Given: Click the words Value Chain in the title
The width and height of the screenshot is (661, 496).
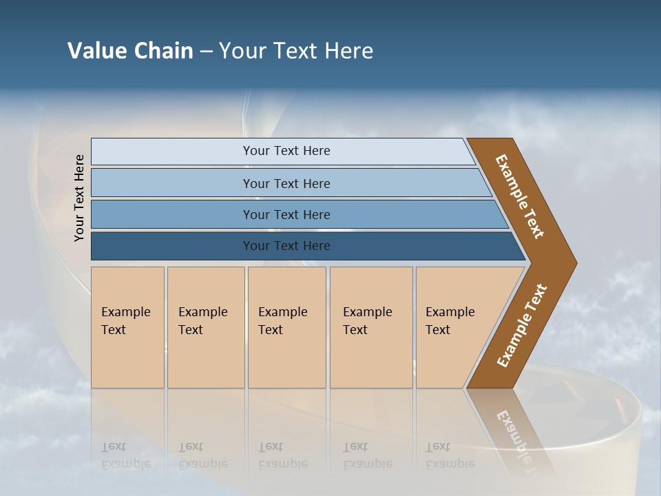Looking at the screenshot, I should click(x=130, y=51).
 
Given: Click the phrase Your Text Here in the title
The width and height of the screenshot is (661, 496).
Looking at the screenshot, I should click(x=296, y=51).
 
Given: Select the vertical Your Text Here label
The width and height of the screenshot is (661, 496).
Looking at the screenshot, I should click(x=79, y=198).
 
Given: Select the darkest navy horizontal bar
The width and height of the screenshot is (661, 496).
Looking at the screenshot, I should click(x=172, y=246).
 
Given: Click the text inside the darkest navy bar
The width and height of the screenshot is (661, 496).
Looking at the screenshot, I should click(x=286, y=246).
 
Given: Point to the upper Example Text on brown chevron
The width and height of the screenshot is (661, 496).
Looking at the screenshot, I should click(x=520, y=196).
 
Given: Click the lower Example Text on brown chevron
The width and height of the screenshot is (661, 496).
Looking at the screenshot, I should click(x=522, y=325).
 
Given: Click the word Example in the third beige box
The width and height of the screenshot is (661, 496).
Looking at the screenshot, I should click(x=282, y=312).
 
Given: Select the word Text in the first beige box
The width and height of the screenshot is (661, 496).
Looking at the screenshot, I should click(x=114, y=330).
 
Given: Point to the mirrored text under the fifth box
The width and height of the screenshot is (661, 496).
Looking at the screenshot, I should click(x=450, y=455).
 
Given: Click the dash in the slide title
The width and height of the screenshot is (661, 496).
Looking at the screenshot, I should click(x=206, y=52).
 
